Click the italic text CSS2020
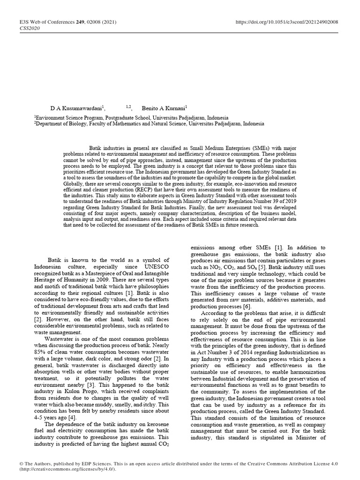[x=30, y=28]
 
